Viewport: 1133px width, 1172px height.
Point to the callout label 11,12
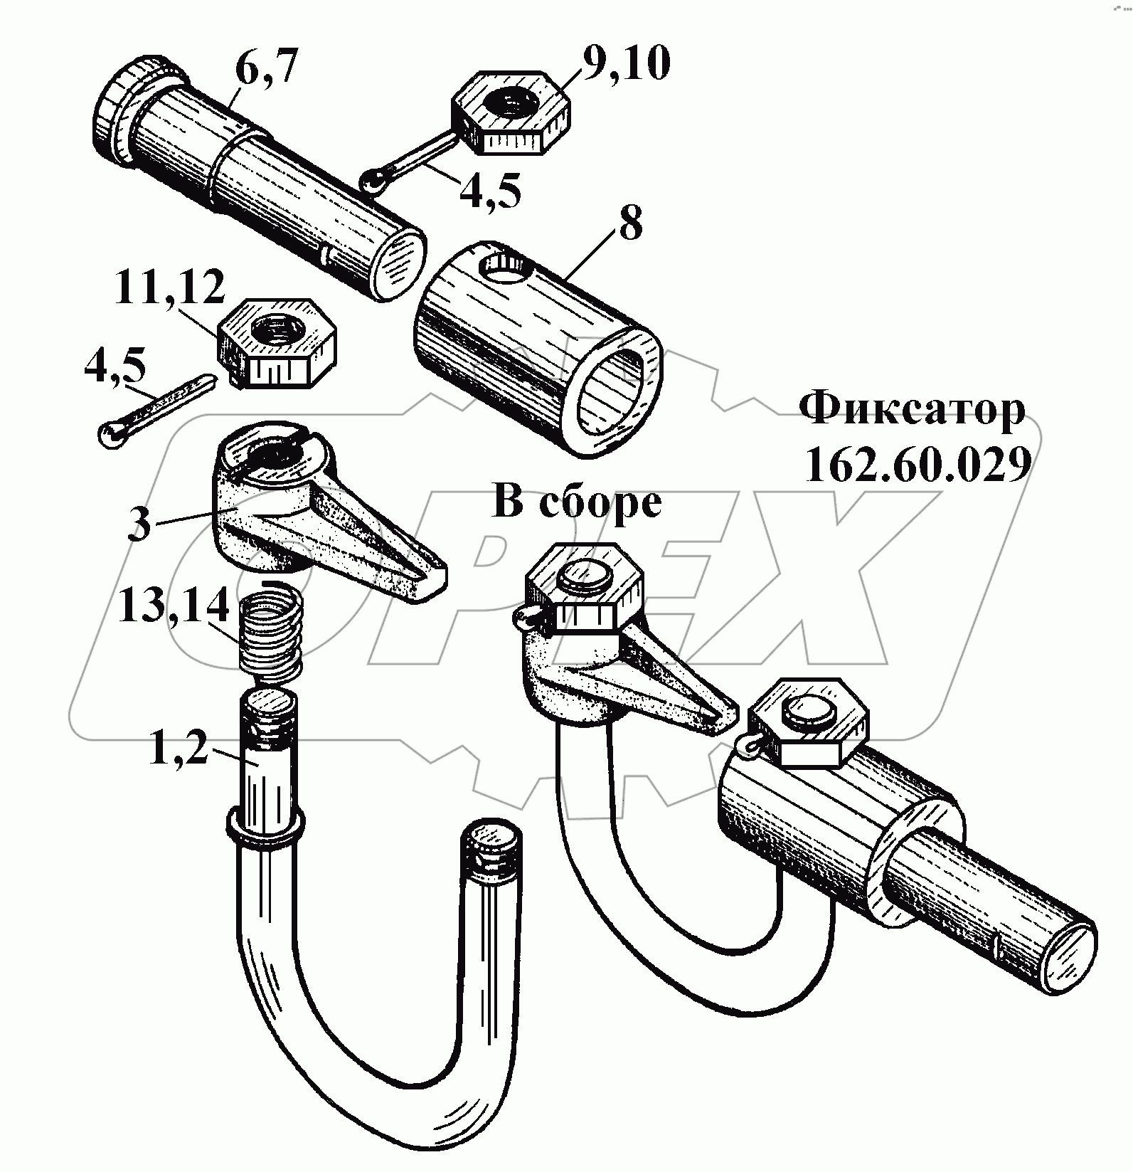click(x=169, y=287)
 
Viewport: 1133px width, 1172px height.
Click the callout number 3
click(x=140, y=524)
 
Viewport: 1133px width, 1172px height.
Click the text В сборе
click(x=577, y=503)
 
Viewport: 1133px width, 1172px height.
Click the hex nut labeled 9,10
click(x=511, y=111)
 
